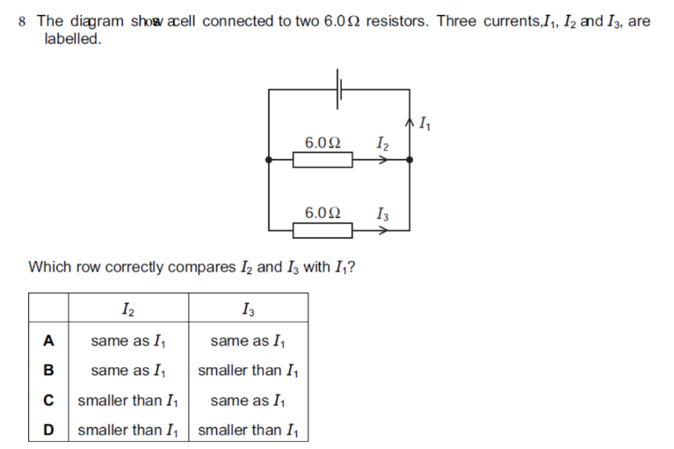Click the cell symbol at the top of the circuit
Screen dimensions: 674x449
[x=338, y=90]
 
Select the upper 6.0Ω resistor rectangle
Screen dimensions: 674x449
[x=323, y=160]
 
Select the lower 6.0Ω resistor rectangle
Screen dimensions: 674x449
[x=323, y=230]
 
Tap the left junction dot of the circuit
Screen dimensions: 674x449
[x=269, y=160]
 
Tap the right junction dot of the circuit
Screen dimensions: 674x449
[x=409, y=160]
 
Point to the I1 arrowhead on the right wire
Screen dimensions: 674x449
[x=409, y=123]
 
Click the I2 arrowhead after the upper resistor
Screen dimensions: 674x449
[x=383, y=160]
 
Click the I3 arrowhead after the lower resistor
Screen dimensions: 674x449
[x=383, y=230]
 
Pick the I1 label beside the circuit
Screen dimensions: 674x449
[x=424, y=124]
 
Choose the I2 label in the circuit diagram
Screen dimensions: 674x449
[x=382, y=143]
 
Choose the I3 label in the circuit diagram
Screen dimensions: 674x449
[x=382, y=214]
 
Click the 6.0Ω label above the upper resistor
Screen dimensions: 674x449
[x=323, y=142]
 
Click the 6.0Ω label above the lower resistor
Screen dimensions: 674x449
[x=323, y=213]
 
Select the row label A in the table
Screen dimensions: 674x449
[x=48, y=341]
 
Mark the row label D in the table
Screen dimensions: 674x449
[x=48, y=430]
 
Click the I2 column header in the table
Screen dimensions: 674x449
[x=128, y=309]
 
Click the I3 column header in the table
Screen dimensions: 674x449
[x=249, y=309]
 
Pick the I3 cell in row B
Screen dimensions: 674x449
[x=248, y=371]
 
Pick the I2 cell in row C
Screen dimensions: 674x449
[x=127, y=401]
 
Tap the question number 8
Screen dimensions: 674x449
[x=22, y=21]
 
